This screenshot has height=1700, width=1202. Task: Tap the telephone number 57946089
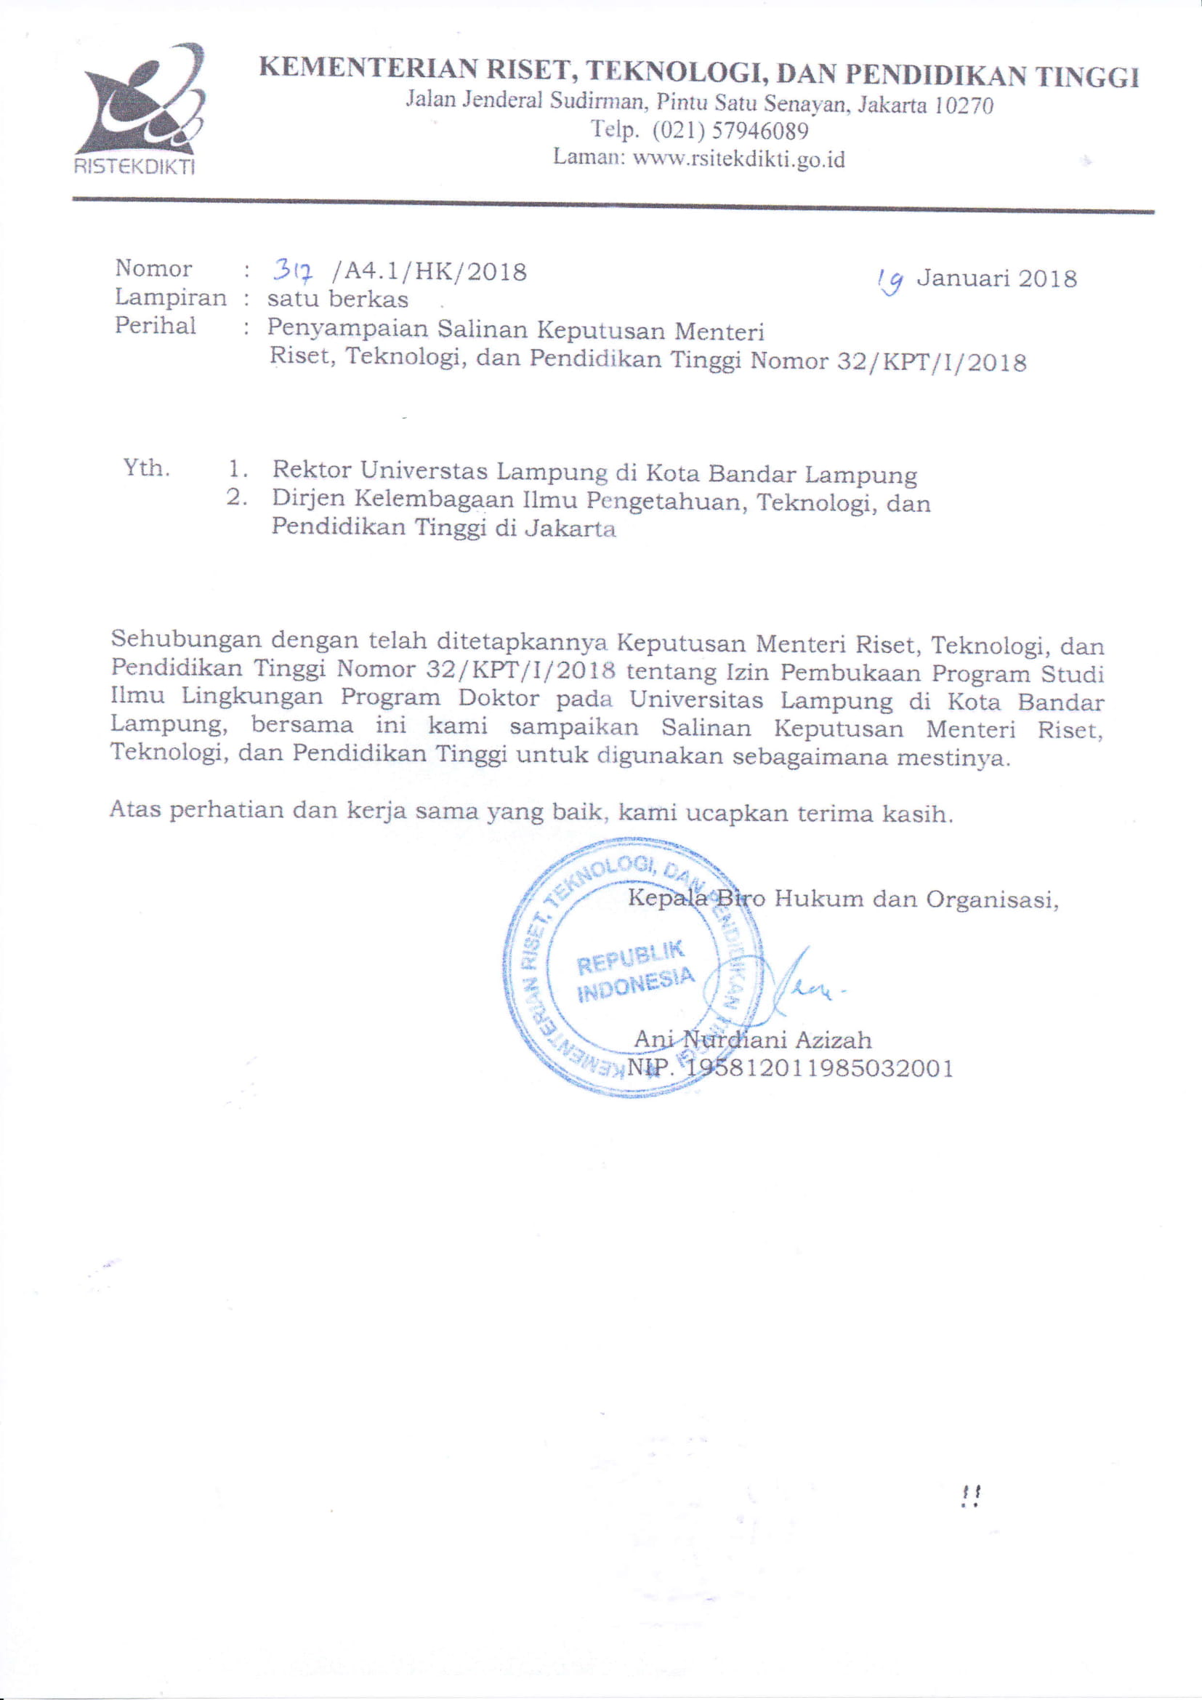pyautogui.click(x=759, y=131)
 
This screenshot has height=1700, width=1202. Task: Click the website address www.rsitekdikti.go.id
pyautogui.click(x=738, y=159)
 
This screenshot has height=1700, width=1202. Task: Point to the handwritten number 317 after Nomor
pyautogui.click(x=294, y=273)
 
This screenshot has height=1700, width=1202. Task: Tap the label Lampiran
pyautogui.click(x=170, y=297)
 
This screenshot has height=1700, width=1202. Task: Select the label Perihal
pyautogui.click(x=156, y=326)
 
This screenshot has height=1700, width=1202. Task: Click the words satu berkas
pyautogui.click(x=337, y=299)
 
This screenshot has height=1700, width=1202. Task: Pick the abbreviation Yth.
pyautogui.click(x=146, y=468)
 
